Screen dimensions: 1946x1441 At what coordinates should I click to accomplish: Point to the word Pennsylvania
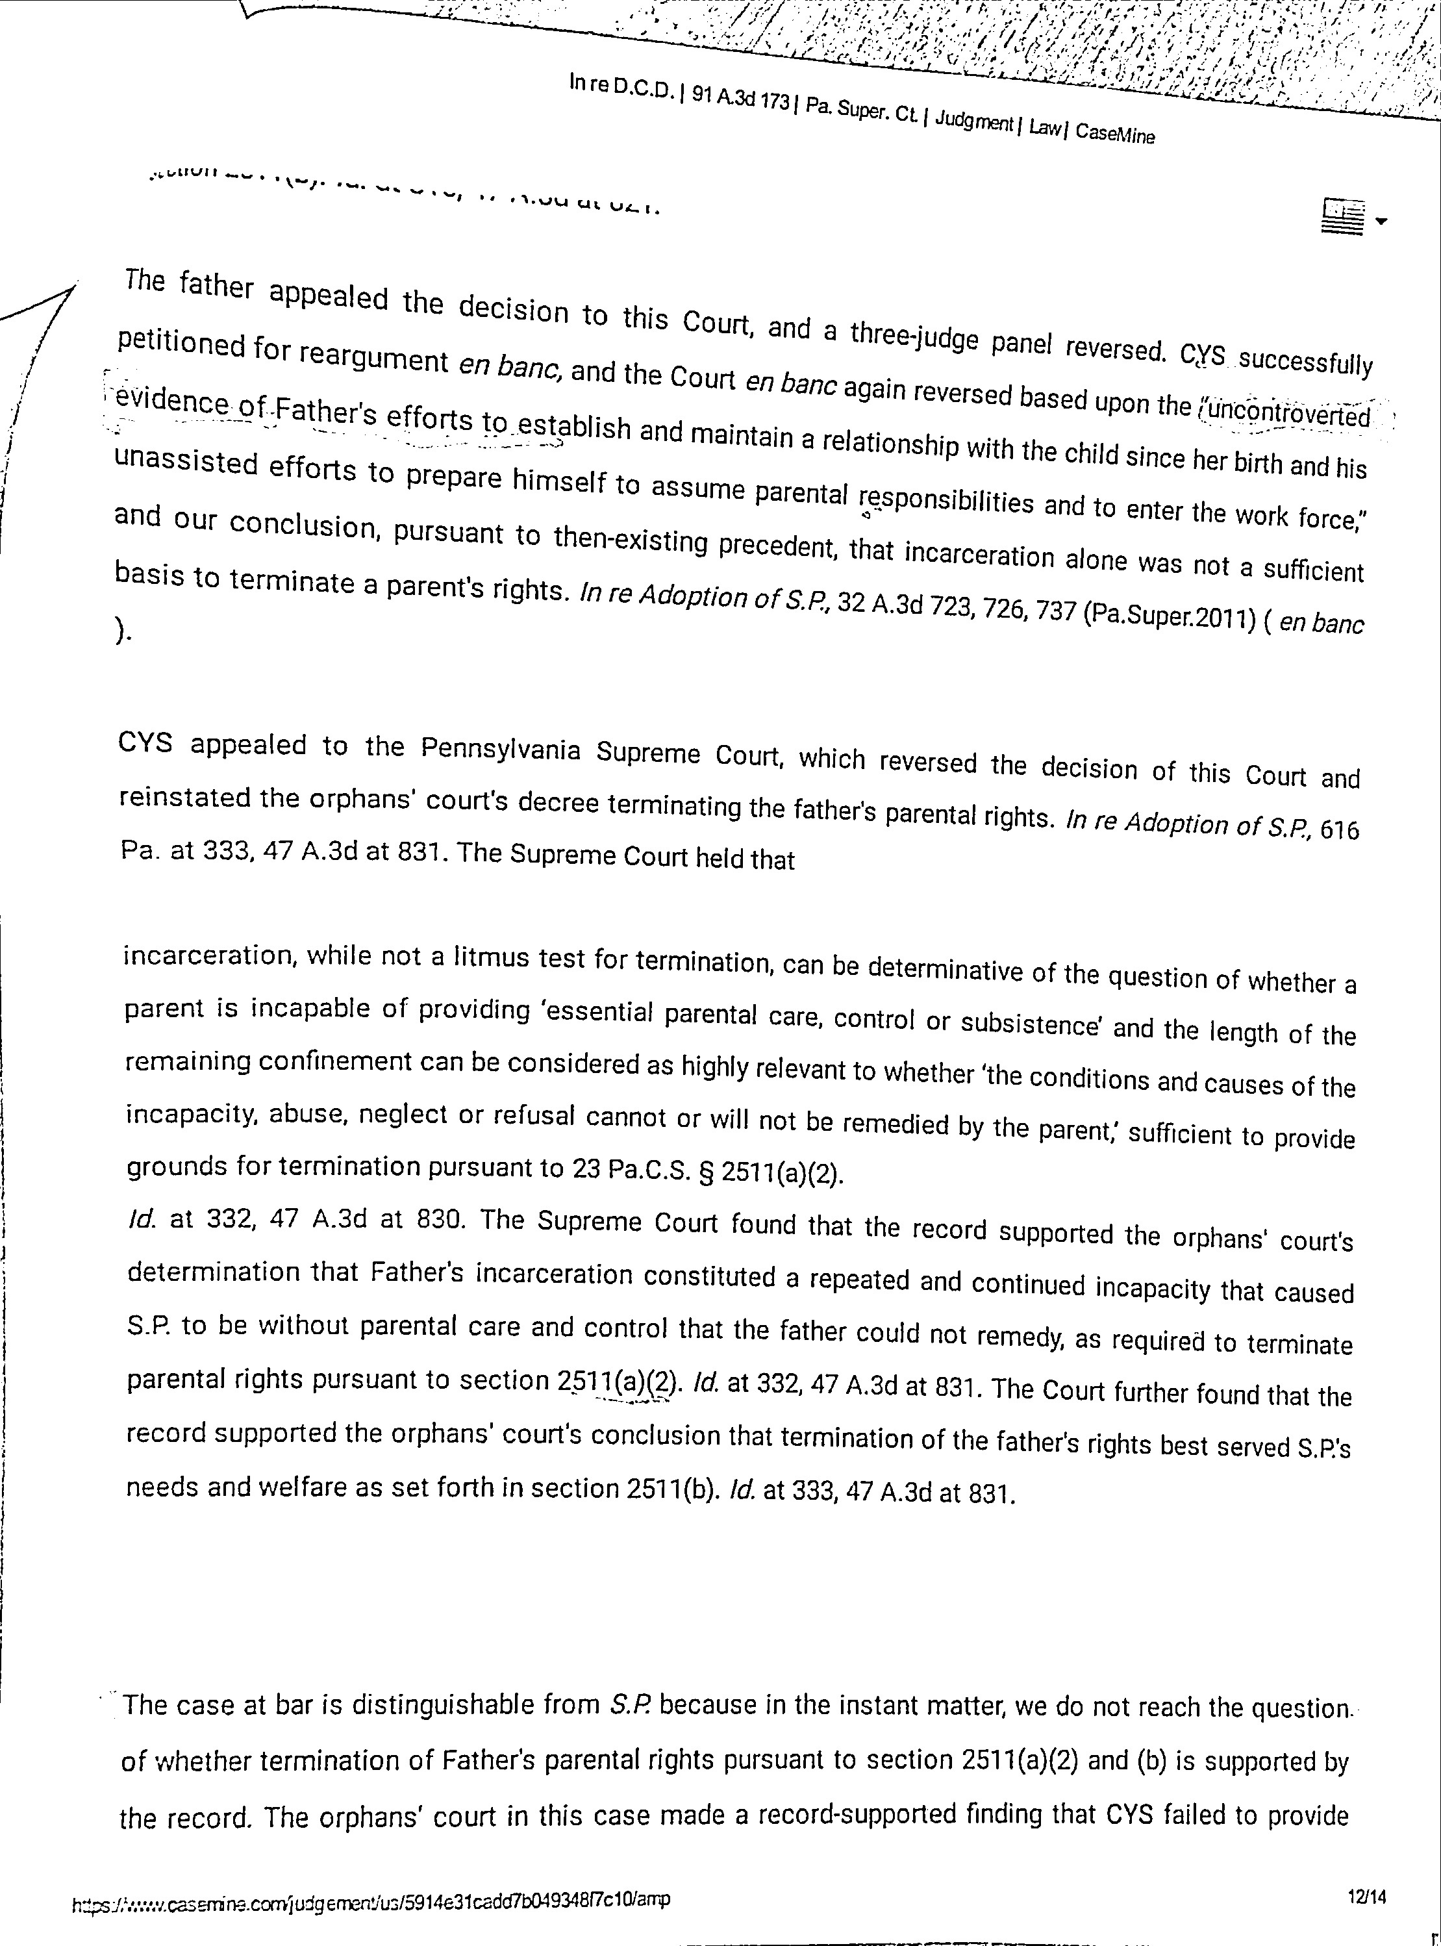501,750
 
